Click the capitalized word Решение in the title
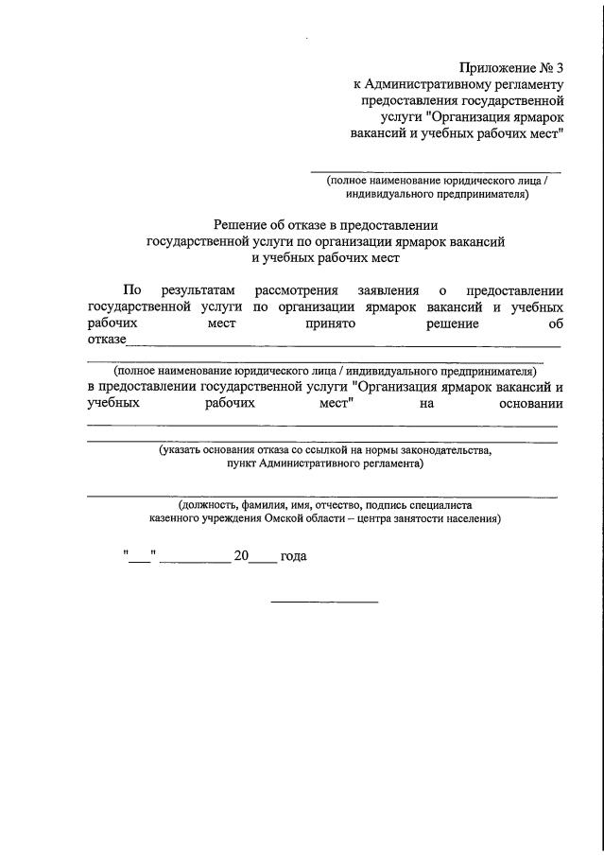pos(242,224)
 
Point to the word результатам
pos(196,291)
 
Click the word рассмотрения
pos(296,291)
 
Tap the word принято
pos(329,323)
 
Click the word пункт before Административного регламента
pos(246,464)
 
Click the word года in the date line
pos(294,557)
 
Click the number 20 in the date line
pos(240,557)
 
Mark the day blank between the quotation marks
pos(139,560)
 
